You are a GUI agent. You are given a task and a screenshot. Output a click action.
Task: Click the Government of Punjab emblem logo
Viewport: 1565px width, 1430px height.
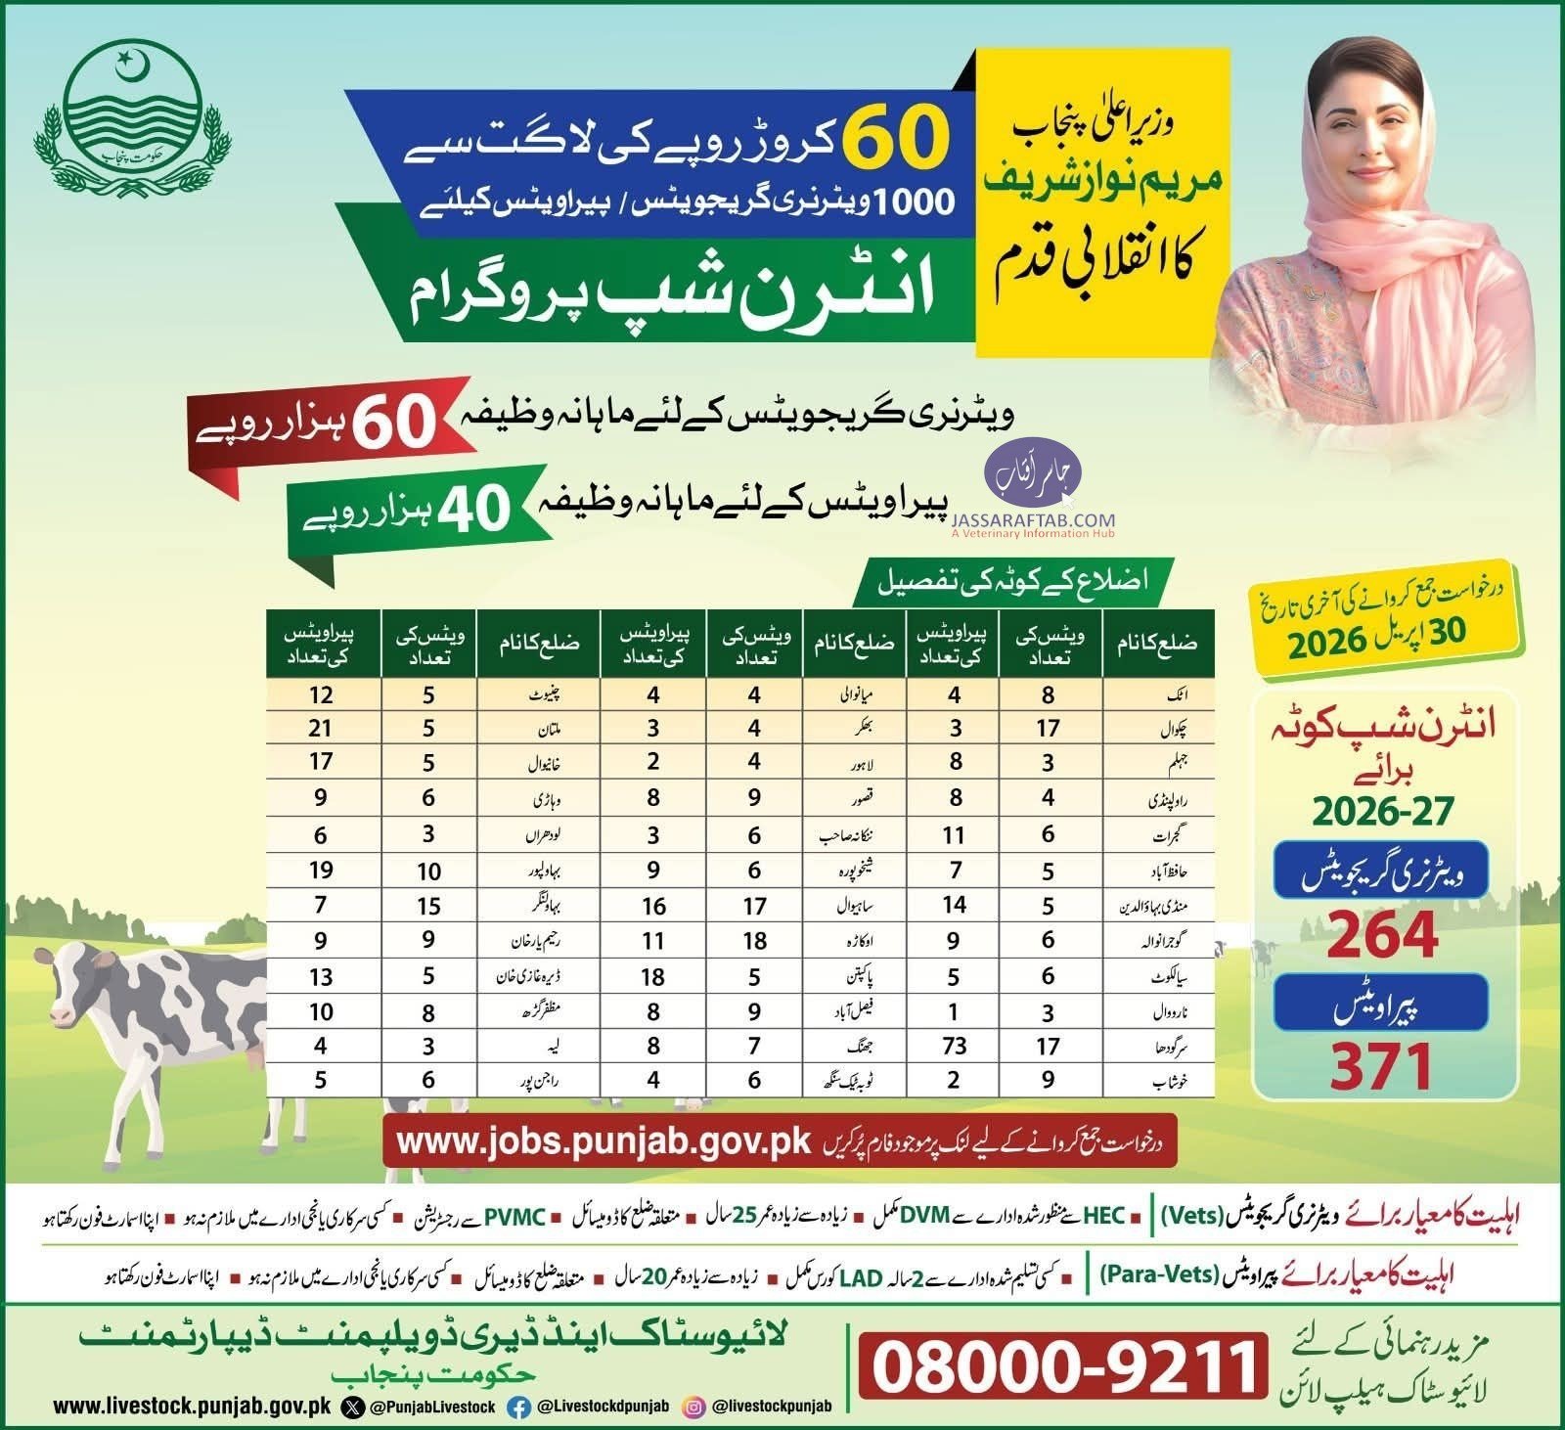click(122, 107)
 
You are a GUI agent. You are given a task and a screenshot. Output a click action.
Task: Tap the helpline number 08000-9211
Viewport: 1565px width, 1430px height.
click(1062, 1365)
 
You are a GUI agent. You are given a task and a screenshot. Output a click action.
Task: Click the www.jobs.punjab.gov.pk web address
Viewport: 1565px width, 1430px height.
click(604, 1141)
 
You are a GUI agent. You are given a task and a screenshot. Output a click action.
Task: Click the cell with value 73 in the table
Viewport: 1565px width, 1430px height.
click(955, 1046)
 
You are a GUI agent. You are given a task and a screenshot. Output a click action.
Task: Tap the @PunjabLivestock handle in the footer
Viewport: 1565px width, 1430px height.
click(431, 1407)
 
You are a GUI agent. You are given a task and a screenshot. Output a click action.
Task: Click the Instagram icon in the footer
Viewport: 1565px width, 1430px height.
click(693, 1407)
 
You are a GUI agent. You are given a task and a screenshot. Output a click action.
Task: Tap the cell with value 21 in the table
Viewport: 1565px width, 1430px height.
click(321, 728)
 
